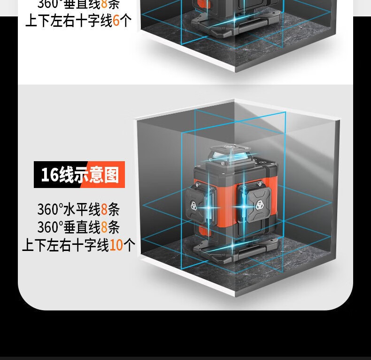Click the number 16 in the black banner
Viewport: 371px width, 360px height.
point(49,175)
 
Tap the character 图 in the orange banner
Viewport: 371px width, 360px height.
point(112,175)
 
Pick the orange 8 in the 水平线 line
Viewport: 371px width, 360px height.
point(104,209)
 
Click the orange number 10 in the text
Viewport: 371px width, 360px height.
point(116,245)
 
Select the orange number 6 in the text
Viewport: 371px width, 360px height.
point(116,21)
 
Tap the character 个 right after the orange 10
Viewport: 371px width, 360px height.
point(129,245)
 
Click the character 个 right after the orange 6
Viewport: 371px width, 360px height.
point(126,21)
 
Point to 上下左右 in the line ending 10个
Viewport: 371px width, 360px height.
point(46,245)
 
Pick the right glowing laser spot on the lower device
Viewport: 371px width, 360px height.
point(243,205)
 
